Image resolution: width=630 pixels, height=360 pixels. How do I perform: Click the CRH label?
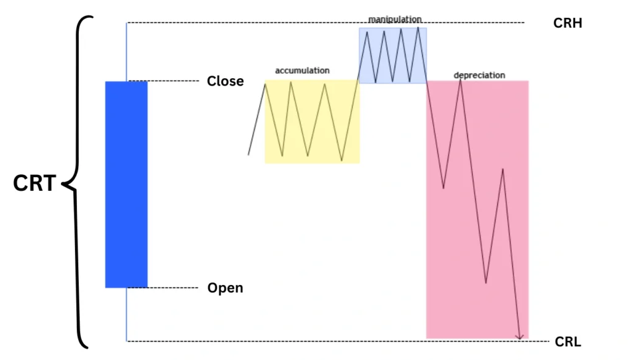[567, 23]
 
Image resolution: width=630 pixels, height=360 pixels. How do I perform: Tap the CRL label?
[567, 342]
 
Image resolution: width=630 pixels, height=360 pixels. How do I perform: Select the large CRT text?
[34, 183]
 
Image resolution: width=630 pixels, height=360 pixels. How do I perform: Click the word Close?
[225, 81]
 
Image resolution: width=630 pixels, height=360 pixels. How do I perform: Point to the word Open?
[225, 288]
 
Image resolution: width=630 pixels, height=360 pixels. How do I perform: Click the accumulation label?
[302, 71]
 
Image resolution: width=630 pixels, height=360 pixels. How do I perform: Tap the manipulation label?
[395, 20]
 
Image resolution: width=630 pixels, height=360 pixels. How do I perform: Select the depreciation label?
[479, 75]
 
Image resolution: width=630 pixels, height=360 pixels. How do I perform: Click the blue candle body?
[126, 184]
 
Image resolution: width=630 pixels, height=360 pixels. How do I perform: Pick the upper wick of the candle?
[127, 52]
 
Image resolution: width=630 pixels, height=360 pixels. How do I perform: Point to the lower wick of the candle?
[127, 314]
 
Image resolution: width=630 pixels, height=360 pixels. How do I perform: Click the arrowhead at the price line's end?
[520, 336]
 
